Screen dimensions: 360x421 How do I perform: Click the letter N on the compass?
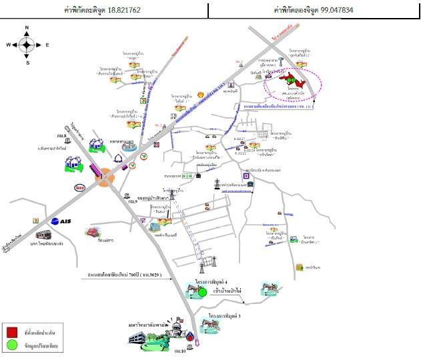click(x=27, y=28)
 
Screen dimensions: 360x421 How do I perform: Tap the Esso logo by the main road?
click(x=81, y=187)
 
